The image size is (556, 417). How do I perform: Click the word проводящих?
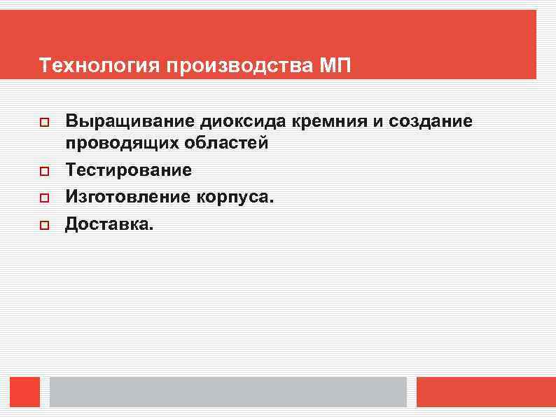click(x=113, y=144)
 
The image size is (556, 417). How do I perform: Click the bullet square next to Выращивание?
click(x=43, y=123)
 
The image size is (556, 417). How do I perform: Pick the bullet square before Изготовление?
click(x=43, y=198)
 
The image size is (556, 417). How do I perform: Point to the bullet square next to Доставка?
click(x=43, y=226)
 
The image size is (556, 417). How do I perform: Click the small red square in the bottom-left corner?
click(x=25, y=392)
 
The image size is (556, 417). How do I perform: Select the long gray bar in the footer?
click(x=228, y=392)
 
